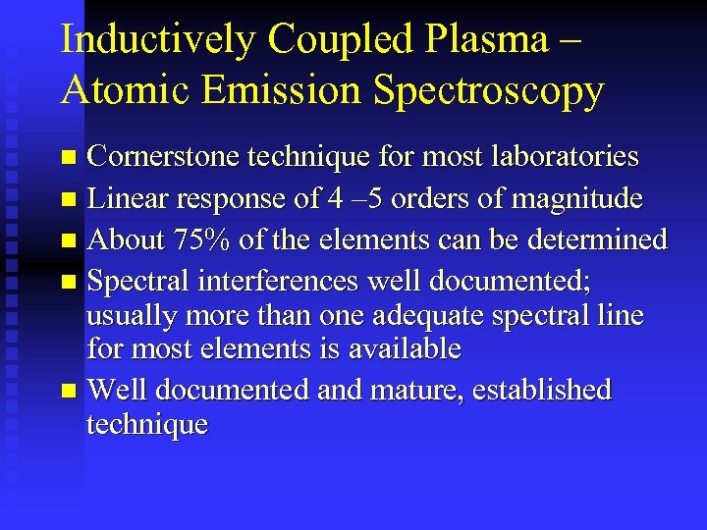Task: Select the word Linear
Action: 125,199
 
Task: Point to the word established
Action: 542,391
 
